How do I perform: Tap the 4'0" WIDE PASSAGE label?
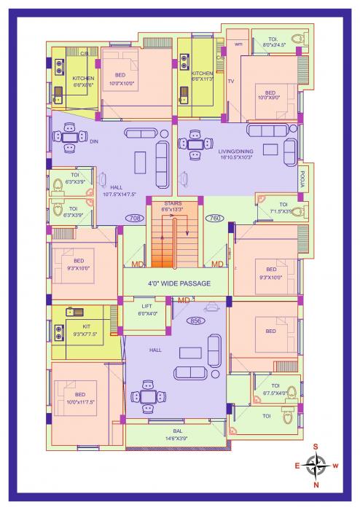pos(179,283)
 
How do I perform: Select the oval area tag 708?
pos(134,218)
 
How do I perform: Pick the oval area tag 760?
pos(215,218)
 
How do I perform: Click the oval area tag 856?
pos(195,321)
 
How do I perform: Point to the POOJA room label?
pos(303,177)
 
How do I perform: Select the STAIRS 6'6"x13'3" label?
pos(173,206)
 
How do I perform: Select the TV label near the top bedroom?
pos(231,81)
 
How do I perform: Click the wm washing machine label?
pos(238,44)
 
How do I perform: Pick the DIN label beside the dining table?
pos(93,142)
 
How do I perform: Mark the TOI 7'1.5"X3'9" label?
pos(283,208)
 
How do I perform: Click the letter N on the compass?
pos(316,484)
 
